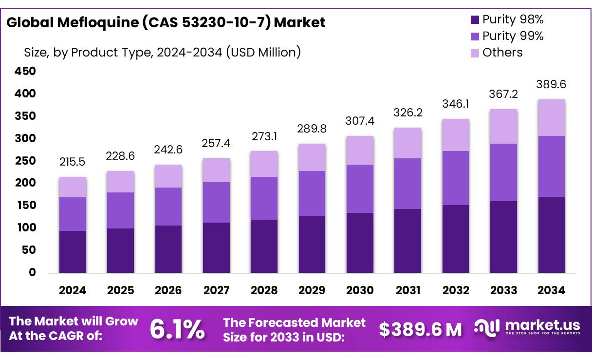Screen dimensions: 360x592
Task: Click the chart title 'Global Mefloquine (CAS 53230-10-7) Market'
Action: click(x=166, y=22)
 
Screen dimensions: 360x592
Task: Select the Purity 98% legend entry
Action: click(x=507, y=20)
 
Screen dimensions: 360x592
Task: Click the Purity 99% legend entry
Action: click(x=507, y=36)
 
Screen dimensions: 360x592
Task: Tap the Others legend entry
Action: click(x=497, y=53)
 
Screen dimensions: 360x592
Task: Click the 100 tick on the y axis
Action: click(x=27, y=228)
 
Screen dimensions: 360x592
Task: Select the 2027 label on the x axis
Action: click(x=216, y=291)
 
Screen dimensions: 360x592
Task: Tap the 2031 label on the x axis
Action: click(x=408, y=291)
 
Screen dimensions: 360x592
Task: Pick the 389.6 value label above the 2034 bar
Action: click(x=552, y=84)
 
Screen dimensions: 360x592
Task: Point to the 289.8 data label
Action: click(x=312, y=129)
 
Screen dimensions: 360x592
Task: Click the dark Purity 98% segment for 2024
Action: click(x=73, y=251)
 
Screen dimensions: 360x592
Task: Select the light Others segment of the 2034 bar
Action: click(x=552, y=118)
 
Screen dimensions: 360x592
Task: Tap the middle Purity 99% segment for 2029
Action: click(x=312, y=193)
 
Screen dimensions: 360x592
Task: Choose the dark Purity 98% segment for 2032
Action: click(x=456, y=239)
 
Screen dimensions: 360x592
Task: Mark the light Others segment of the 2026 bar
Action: click(x=168, y=176)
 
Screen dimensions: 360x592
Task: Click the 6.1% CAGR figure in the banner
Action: click(x=177, y=330)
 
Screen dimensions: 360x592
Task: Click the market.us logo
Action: click(x=528, y=327)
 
